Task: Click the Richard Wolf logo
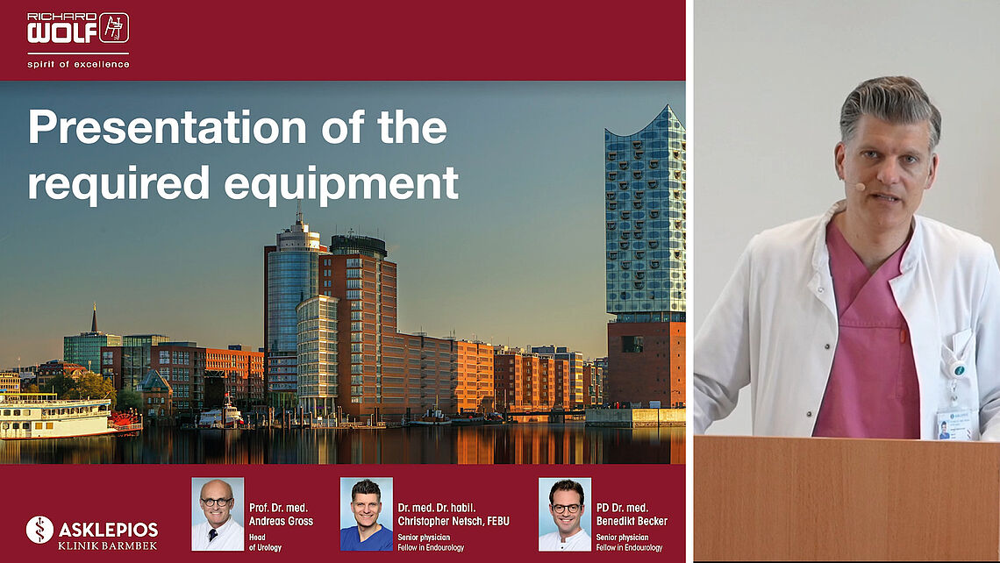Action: point(78,28)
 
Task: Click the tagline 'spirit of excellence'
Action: point(78,64)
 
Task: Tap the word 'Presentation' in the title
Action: point(167,127)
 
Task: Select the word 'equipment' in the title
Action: point(341,183)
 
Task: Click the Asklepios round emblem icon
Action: point(39,530)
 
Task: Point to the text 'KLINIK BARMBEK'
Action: point(108,545)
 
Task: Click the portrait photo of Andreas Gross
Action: point(218,514)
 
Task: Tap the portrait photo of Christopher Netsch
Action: point(366,514)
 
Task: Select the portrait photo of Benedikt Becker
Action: point(565,514)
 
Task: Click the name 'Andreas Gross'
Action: point(281,521)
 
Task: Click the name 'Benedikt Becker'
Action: point(632,521)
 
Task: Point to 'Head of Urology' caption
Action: point(265,543)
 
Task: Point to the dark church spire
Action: point(95,318)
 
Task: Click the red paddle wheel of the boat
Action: point(125,421)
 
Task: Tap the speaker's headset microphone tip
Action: point(860,187)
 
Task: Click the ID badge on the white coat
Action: point(954,424)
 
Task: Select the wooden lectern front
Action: point(847,499)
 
